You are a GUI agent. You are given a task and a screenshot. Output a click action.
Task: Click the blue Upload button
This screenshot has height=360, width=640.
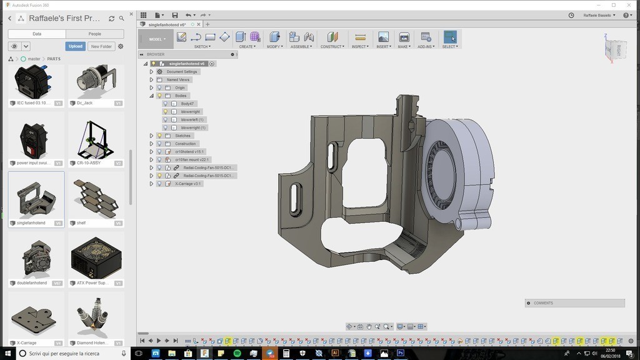coord(75,46)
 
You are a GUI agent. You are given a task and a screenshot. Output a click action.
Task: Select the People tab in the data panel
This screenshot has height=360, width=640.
coord(94,34)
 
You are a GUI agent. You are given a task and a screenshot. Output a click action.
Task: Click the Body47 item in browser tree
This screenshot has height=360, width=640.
coord(187,104)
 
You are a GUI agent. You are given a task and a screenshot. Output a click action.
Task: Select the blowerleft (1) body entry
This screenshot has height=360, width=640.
coord(192,119)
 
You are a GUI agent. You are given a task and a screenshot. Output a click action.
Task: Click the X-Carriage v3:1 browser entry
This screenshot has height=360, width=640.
coord(188,184)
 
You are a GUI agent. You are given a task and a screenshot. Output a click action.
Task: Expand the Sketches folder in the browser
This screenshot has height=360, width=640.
coord(151,136)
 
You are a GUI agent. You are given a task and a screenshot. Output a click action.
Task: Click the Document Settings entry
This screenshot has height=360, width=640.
coord(181,72)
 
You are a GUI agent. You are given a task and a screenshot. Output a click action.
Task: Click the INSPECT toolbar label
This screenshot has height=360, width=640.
coord(360,46)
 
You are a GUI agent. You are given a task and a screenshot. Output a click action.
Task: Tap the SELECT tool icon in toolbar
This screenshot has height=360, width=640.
coord(450,37)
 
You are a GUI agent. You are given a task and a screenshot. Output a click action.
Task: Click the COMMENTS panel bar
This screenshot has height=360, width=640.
coord(574,303)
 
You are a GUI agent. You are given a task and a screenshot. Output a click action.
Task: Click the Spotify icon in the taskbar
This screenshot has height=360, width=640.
coord(237,353)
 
